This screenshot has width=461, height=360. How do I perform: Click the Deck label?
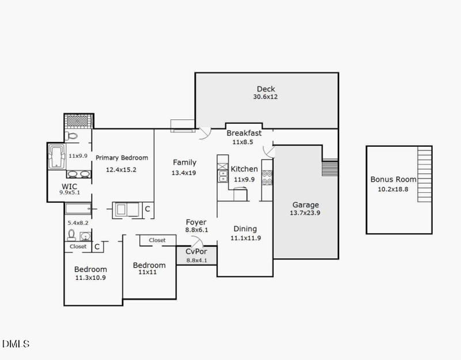266,89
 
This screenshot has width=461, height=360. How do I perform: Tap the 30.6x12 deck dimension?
266,97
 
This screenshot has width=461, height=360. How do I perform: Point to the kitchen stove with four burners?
267,176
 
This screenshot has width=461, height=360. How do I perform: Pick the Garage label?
305,204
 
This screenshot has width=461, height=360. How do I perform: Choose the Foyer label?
196,222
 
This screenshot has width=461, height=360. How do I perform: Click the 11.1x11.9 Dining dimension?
245,237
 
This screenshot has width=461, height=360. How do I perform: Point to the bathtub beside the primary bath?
56,156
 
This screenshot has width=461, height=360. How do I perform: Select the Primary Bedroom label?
122,158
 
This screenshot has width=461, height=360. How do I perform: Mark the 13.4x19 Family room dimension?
184,172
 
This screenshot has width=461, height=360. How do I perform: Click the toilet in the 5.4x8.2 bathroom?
72,235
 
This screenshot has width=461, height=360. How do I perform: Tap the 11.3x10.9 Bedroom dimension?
90,278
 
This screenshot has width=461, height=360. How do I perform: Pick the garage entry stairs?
330,168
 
